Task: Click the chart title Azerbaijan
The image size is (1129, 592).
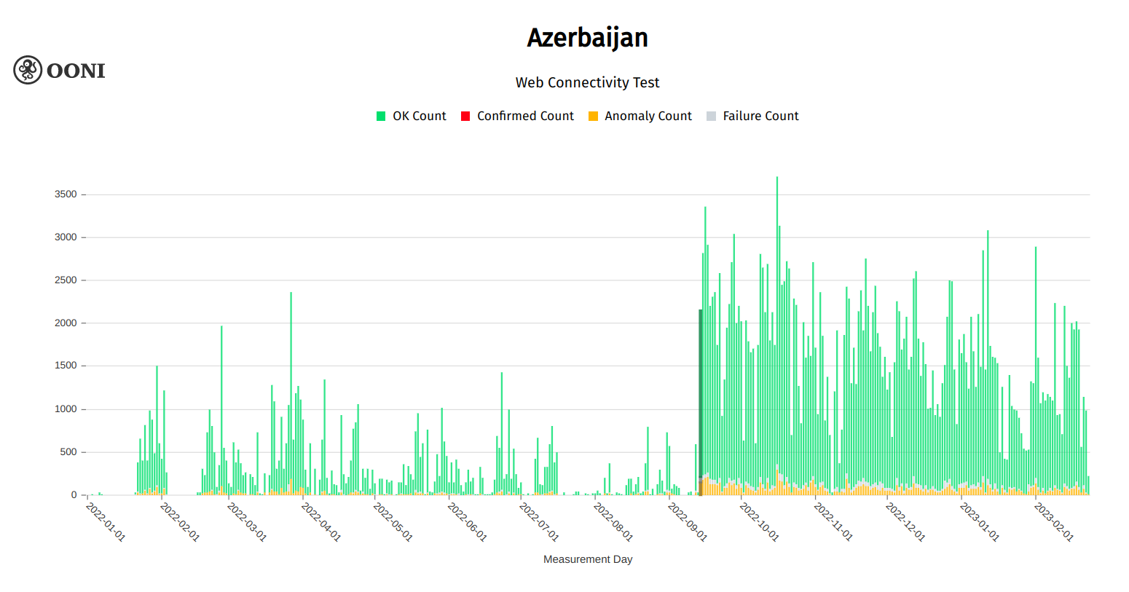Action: [x=587, y=38]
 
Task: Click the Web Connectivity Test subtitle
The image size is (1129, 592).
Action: [x=587, y=82]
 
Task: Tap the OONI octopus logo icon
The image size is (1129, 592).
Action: [x=28, y=70]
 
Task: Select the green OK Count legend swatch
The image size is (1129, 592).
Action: [x=381, y=117]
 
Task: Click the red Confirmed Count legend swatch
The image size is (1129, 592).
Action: [x=465, y=117]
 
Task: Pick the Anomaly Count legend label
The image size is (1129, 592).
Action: [x=648, y=117]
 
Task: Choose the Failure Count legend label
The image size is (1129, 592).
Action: [x=760, y=117]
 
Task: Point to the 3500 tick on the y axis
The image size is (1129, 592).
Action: [x=66, y=194]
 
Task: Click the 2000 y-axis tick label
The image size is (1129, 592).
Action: [x=66, y=323]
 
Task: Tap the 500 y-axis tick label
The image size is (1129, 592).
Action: [x=68, y=452]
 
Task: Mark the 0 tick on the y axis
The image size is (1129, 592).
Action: [x=74, y=495]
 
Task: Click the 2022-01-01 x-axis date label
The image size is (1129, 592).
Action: [x=106, y=521]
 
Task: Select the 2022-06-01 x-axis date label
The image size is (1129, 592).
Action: [x=467, y=521]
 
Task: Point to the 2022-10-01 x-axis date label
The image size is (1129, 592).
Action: [x=759, y=521]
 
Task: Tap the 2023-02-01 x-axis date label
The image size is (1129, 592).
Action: [x=1054, y=521]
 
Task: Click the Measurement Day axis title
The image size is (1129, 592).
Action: [x=587, y=559]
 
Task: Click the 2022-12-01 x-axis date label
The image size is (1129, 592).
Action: [x=905, y=521]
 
